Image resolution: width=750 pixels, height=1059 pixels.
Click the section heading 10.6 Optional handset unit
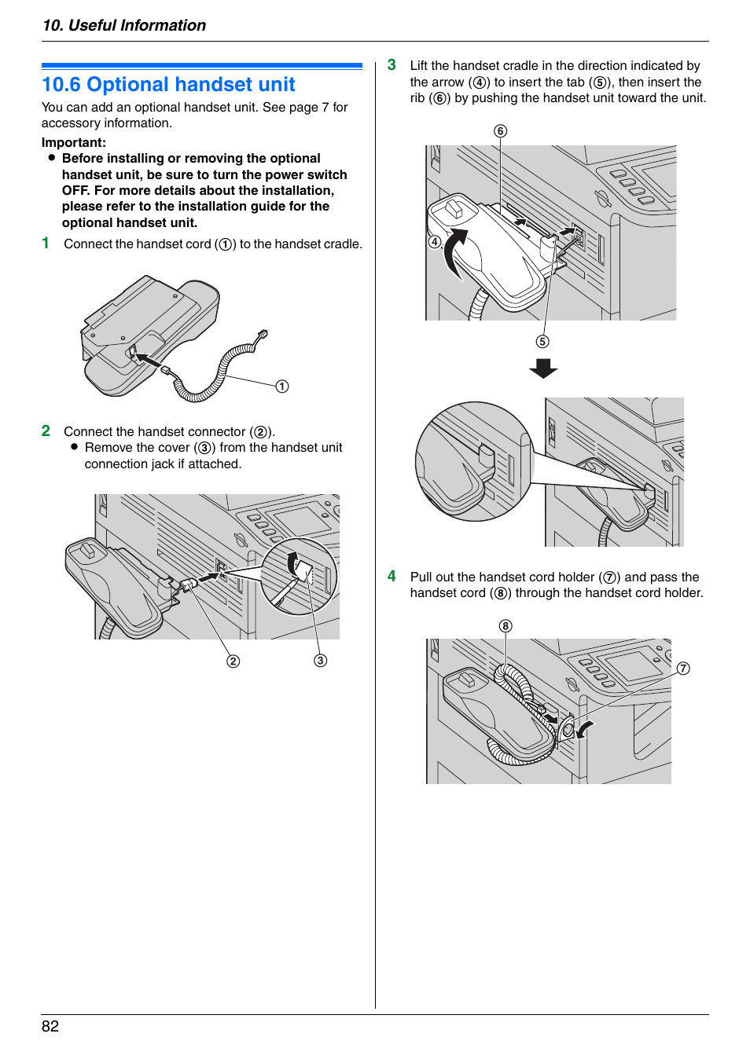tap(168, 85)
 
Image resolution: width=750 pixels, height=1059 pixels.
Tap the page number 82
tap(50, 1026)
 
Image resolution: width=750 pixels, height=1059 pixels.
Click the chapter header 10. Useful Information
tap(124, 25)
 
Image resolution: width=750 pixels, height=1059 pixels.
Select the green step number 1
tap(46, 244)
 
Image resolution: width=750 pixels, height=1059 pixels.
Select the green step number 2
tap(46, 431)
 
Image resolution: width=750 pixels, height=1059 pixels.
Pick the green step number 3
tap(392, 65)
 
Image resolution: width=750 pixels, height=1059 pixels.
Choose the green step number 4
tap(392, 577)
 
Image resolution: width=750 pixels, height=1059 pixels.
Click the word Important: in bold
tap(74, 142)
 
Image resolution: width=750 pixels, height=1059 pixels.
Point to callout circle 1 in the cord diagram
tap(282, 387)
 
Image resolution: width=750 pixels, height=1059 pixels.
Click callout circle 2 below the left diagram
tap(233, 661)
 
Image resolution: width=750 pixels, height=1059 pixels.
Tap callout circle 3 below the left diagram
tap(320, 661)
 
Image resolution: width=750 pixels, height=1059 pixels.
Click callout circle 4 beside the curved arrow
tap(435, 242)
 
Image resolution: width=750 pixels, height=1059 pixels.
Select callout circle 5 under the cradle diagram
tap(542, 342)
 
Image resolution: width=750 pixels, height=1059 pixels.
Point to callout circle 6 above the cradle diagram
tap(501, 131)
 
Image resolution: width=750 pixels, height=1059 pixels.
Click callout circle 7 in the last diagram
tap(683, 669)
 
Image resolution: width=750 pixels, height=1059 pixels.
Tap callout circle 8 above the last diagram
tap(506, 626)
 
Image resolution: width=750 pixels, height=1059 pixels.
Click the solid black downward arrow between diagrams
tap(543, 368)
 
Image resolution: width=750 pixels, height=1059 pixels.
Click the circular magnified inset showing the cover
tap(299, 577)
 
